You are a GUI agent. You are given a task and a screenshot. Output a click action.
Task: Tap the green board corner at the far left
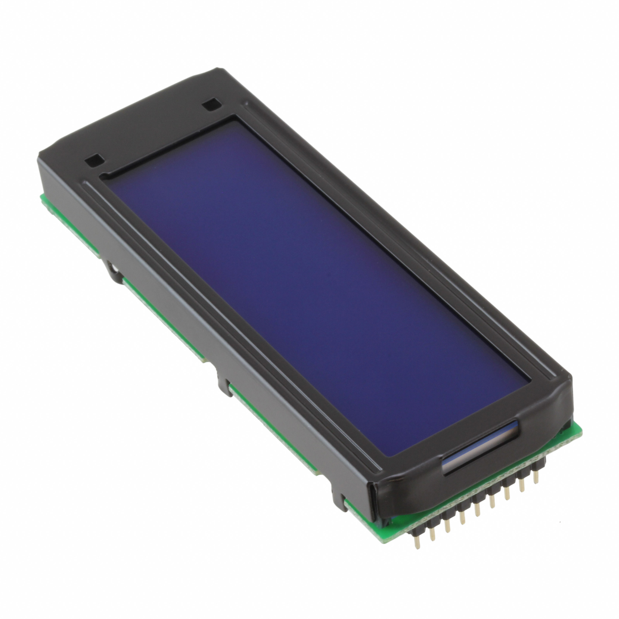pyautogui.click(x=41, y=196)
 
